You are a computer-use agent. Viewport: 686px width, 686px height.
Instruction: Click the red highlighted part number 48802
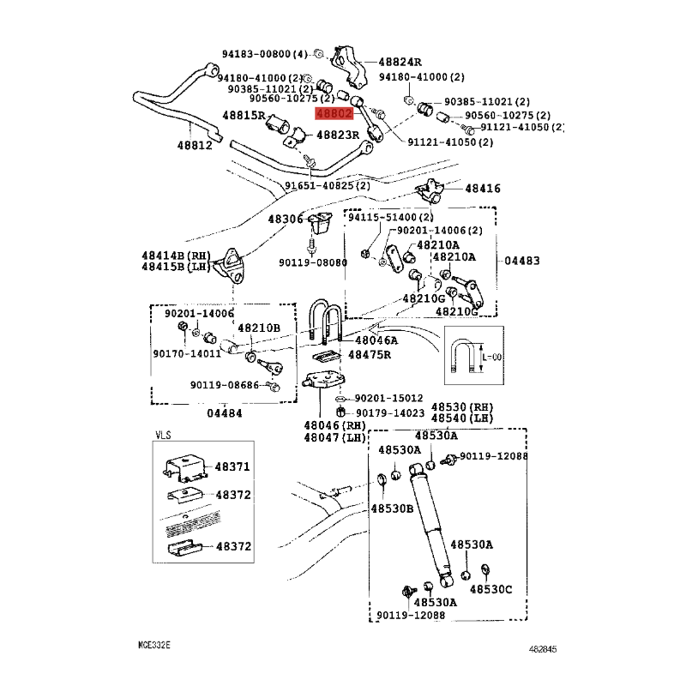click(334, 114)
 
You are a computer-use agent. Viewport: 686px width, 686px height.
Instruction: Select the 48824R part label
click(400, 62)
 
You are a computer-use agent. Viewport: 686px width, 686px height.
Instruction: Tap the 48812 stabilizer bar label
click(195, 145)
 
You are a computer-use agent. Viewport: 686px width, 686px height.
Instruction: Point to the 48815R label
click(244, 116)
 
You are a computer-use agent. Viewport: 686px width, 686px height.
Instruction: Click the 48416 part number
click(483, 189)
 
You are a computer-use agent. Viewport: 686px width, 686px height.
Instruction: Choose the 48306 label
click(286, 219)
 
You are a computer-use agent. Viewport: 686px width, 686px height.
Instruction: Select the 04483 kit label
click(522, 261)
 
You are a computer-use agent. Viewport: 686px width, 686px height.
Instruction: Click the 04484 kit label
click(225, 413)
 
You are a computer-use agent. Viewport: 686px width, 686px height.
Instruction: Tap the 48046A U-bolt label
click(376, 340)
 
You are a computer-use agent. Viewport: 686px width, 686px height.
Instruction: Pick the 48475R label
click(370, 355)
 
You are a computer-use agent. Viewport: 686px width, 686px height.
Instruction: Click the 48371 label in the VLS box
click(232, 466)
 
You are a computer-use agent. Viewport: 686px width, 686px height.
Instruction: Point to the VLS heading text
click(163, 436)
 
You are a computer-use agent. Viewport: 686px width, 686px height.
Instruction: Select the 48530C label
click(490, 589)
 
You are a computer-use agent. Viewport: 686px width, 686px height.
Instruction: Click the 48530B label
click(392, 508)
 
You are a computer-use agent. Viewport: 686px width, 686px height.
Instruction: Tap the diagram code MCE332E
click(154, 645)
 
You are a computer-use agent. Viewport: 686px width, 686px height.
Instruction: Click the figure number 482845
click(543, 649)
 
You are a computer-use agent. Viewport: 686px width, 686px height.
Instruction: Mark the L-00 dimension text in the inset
click(491, 358)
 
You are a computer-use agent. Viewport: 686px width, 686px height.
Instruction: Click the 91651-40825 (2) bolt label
click(328, 185)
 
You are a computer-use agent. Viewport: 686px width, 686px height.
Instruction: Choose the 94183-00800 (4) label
click(265, 54)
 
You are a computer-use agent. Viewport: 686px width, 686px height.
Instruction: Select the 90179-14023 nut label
click(390, 413)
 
